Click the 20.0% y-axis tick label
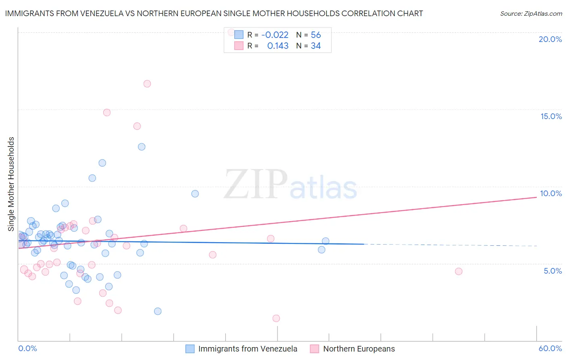click(x=550, y=39)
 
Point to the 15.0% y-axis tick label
click(x=551, y=116)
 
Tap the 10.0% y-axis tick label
click(x=551, y=193)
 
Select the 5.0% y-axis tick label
click(x=552, y=271)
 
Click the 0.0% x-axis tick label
click(x=27, y=348)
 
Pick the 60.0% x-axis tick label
click(x=550, y=348)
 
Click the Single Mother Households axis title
click(x=11, y=184)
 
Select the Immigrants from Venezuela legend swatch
click(x=190, y=349)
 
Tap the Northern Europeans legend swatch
click(x=315, y=349)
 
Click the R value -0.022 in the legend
click(x=275, y=35)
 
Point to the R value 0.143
click(x=278, y=46)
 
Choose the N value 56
click(x=316, y=35)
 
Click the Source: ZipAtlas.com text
click(x=531, y=14)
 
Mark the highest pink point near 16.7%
click(x=147, y=84)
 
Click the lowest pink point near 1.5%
click(x=276, y=318)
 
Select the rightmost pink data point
click(x=459, y=272)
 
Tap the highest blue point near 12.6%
click(x=142, y=147)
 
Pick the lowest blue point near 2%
click(x=158, y=311)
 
